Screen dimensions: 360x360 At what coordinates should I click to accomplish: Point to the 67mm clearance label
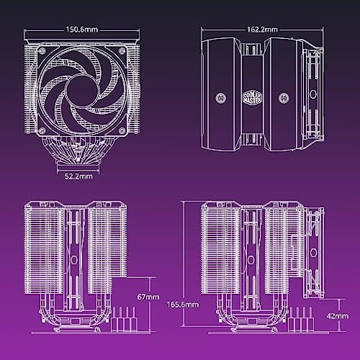(x=146, y=295)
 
